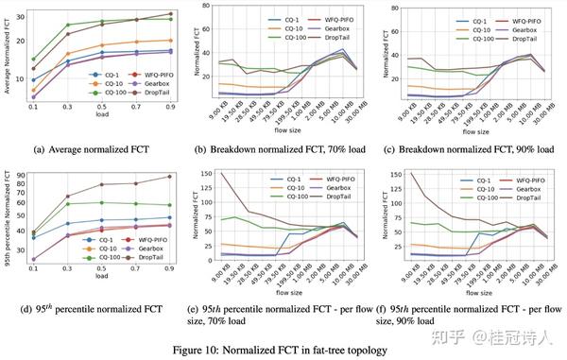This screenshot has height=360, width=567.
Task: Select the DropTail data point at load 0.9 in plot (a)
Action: click(170, 14)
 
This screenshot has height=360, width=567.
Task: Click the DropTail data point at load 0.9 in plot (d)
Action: click(170, 176)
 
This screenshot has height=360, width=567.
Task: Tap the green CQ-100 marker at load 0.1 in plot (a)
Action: click(33, 60)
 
